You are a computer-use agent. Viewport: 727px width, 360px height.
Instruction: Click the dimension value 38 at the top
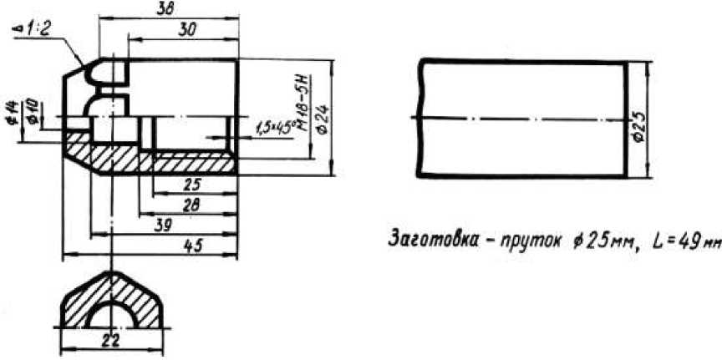(x=167, y=8)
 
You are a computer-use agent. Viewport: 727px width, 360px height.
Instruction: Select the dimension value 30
(x=188, y=28)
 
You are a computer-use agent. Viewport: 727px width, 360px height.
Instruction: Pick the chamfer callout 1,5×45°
(x=272, y=126)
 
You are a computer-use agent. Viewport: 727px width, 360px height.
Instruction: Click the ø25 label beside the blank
(x=638, y=120)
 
